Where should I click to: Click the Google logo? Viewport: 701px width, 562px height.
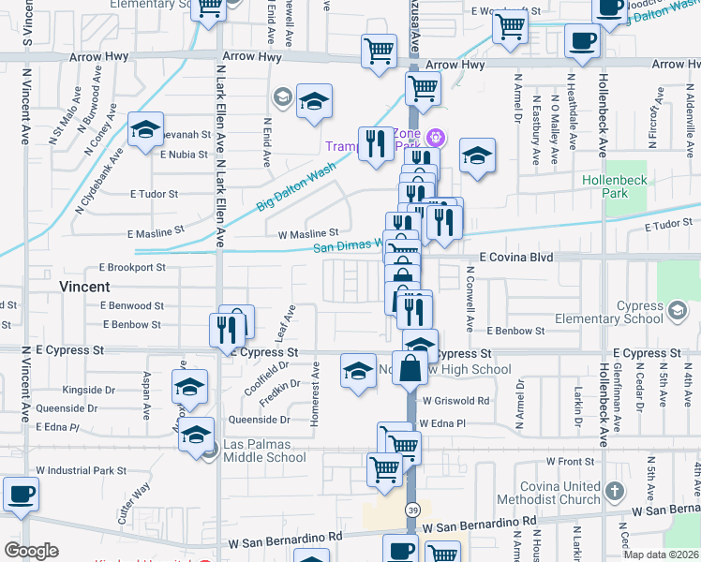[32, 551]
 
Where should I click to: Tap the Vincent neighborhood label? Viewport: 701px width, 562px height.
[85, 286]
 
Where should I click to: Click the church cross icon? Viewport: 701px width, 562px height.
[615, 491]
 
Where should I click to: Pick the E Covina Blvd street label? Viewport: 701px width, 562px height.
[516, 256]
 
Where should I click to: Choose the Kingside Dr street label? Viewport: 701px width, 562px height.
[88, 390]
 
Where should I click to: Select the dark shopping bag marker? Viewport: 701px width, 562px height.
[410, 367]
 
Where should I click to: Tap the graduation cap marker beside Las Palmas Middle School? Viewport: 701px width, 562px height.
[196, 436]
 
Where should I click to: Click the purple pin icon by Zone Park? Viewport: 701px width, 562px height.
[435, 138]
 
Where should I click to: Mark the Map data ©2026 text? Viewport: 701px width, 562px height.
[660, 555]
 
